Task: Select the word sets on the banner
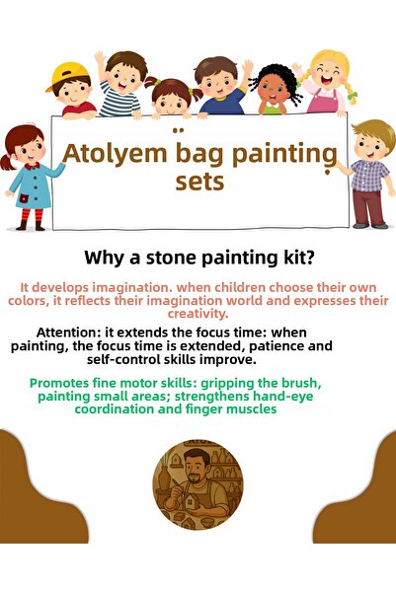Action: pyautogui.click(x=198, y=182)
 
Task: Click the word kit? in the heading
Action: pyautogui.click(x=292, y=259)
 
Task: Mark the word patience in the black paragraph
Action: pyautogui.click(x=259, y=346)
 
